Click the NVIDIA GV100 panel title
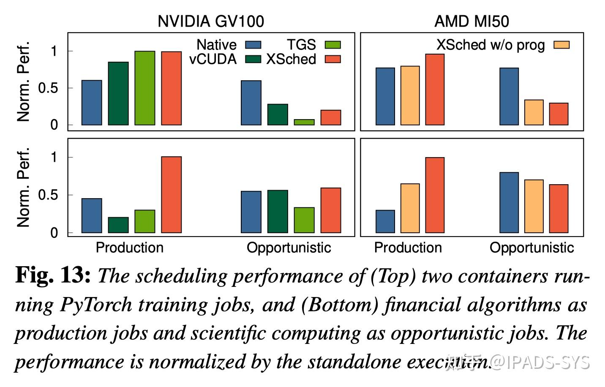210,21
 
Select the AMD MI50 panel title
471,21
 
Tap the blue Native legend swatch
253,45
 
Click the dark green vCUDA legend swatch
253,59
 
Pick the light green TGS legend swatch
332,45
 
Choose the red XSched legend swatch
332,59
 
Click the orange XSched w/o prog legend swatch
561,45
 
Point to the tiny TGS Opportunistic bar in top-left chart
304,122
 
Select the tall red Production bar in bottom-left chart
172,195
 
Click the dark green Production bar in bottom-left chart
118,225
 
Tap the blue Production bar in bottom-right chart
385,221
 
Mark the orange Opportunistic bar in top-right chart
534,112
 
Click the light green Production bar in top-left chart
145,88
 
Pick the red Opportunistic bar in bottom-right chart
559,209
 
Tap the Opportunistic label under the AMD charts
531,248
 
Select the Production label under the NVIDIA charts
129,248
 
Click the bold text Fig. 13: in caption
53,275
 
